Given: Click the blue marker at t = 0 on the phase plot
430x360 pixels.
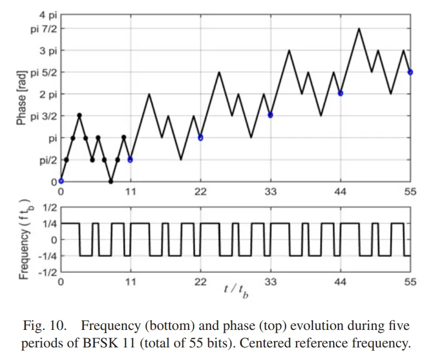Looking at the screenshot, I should click(61, 181).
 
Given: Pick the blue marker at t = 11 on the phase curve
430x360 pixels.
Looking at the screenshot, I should click(130, 159).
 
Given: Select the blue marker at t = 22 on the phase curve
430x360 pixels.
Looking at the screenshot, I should click(200, 137).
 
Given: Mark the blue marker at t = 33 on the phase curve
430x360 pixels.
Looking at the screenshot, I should click(270, 115).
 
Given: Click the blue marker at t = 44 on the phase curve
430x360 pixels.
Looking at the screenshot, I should click(340, 93).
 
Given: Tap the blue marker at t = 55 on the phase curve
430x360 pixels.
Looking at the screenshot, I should click(410, 72).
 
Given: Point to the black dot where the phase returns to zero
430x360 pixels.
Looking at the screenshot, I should click(111, 181).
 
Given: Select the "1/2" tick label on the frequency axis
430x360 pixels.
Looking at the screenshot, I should click(48, 208).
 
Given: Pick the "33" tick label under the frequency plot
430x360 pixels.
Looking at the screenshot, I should click(270, 282).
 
